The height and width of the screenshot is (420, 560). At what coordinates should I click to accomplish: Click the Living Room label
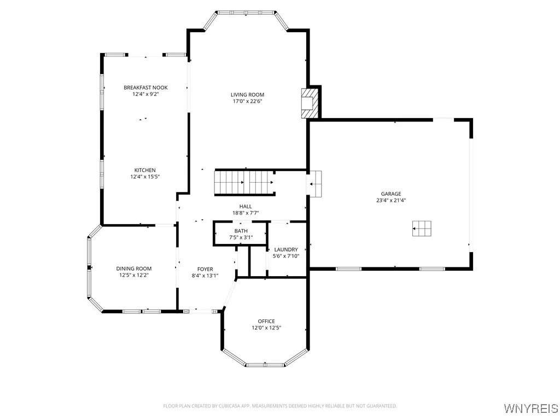point(247,95)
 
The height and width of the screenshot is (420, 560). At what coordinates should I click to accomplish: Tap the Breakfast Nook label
point(145,87)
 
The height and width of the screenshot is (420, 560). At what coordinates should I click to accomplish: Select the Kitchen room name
point(145,170)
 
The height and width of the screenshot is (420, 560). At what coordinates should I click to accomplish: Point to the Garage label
point(391,194)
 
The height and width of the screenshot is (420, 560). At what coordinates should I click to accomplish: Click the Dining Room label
point(133,269)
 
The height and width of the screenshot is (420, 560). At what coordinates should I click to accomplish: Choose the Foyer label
point(205,269)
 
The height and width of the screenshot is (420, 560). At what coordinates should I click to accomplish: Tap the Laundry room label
point(285,249)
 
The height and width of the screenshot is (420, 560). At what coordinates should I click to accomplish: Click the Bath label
point(241,231)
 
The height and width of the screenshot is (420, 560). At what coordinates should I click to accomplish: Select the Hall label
point(245,206)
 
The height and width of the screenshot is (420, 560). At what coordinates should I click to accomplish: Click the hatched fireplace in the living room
point(309,103)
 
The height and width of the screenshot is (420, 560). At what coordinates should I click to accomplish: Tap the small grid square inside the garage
point(422,229)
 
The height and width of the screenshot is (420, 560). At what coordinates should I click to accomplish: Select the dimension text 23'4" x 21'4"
point(391,200)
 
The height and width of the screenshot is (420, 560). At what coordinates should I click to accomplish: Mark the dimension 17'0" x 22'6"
point(247,101)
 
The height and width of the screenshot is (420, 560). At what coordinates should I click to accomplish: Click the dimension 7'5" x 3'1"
point(241,237)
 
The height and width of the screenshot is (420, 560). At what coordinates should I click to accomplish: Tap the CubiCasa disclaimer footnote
point(280,406)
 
